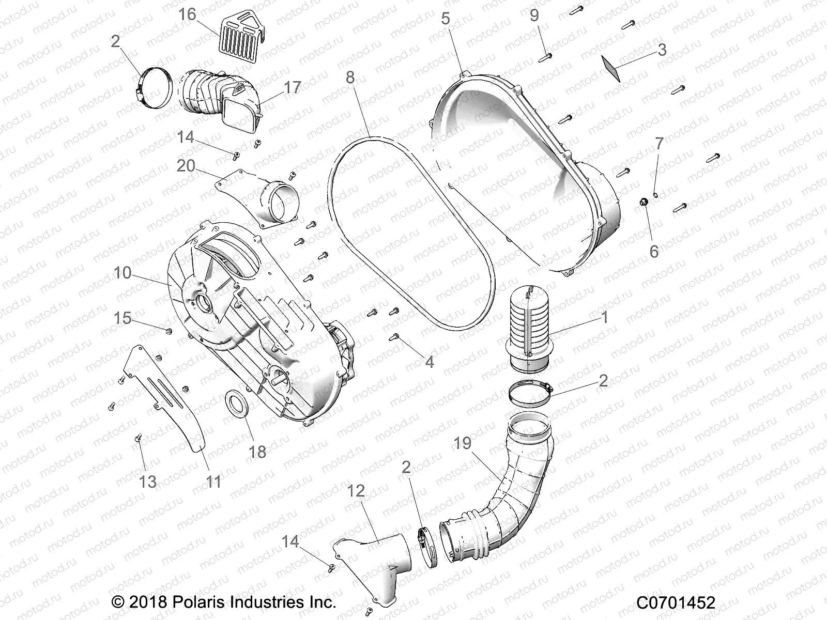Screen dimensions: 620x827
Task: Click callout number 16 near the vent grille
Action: point(188,14)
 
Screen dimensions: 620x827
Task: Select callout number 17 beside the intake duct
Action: point(292,88)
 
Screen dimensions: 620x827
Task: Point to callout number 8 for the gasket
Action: point(350,78)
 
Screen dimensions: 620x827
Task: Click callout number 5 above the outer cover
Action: point(445,19)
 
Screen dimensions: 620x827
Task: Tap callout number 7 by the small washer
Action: point(659,144)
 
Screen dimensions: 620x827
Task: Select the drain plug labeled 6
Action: point(644,202)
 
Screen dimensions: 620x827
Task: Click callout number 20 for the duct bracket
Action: point(186,166)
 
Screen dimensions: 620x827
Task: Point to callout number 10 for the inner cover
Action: point(122,273)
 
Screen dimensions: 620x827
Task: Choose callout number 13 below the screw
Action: point(148,482)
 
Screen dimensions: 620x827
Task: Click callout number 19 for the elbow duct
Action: point(463,443)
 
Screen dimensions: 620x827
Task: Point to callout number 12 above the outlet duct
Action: point(356,491)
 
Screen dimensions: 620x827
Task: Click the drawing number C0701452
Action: point(676,602)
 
